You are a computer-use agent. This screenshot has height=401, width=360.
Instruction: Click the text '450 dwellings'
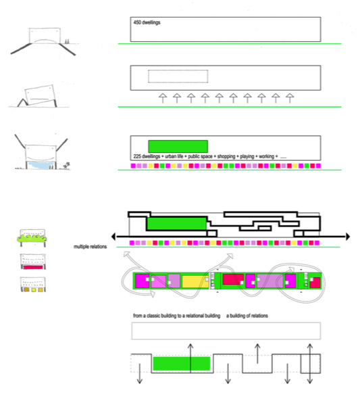(x=147, y=22)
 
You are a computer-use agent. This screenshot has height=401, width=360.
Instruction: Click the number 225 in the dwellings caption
(x=137, y=156)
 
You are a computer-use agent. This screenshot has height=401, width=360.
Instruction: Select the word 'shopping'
(x=226, y=156)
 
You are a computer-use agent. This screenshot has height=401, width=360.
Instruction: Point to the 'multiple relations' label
(x=91, y=247)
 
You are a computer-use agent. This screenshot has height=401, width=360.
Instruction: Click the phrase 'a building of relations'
(x=247, y=316)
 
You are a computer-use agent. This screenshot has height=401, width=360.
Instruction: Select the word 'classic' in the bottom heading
(x=154, y=316)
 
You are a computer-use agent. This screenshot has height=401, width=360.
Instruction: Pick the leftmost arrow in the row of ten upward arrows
(x=163, y=98)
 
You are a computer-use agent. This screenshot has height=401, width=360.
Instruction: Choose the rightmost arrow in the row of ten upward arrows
(x=290, y=98)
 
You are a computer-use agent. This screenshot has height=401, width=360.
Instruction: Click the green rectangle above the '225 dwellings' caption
(x=178, y=147)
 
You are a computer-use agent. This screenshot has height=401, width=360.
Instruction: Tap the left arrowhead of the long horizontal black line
(x=113, y=237)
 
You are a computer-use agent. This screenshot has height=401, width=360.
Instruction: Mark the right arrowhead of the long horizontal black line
(x=348, y=237)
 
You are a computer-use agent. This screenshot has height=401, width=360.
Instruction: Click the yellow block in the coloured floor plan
(x=195, y=281)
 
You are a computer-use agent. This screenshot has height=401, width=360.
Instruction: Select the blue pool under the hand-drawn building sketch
(x=41, y=165)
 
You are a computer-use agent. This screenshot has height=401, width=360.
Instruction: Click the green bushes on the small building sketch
(x=32, y=239)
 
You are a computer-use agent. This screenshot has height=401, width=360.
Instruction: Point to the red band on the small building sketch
(x=33, y=267)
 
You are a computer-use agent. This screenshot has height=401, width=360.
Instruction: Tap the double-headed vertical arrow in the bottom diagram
(x=309, y=363)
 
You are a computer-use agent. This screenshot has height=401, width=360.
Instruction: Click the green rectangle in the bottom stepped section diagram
(x=182, y=363)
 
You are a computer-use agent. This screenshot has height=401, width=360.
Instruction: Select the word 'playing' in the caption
(x=247, y=156)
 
